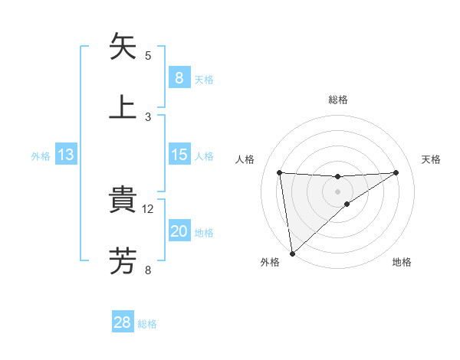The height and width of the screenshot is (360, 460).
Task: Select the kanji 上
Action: click(x=123, y=106)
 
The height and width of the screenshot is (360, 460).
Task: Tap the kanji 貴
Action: click(x=123, y=200)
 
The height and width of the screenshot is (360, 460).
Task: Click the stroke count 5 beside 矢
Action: click(x=148, y=55)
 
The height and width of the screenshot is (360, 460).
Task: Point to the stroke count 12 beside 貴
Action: click(x=149, y=208)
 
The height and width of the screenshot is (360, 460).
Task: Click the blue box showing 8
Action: click(x=179, y=78)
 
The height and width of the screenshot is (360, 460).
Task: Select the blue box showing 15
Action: click(x=179, y=155)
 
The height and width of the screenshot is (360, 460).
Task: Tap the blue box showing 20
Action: click(x=179, y=232)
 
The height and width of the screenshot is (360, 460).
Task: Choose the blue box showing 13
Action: click(x=66, y=155)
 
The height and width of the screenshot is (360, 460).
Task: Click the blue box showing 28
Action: click(x=123, y=322)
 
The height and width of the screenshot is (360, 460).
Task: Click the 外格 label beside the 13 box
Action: click(x=41, y=156)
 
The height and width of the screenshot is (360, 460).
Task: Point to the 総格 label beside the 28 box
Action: click(x=147, y=324)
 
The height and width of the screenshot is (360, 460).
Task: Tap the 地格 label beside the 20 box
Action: click(x=204, y=233)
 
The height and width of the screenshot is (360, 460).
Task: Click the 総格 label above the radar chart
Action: click(x=338, y=100)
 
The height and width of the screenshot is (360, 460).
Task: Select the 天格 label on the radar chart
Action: click(x=432, y=159)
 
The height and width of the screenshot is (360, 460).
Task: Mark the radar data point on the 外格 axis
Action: click(x=291, y=254)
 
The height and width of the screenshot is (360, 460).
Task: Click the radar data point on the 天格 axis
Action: click(x=396, y=172)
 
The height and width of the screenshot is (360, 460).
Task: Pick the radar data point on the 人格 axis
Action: click(x=279, y=172)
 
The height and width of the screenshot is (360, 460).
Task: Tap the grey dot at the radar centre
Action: click(x=337, y=191)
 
